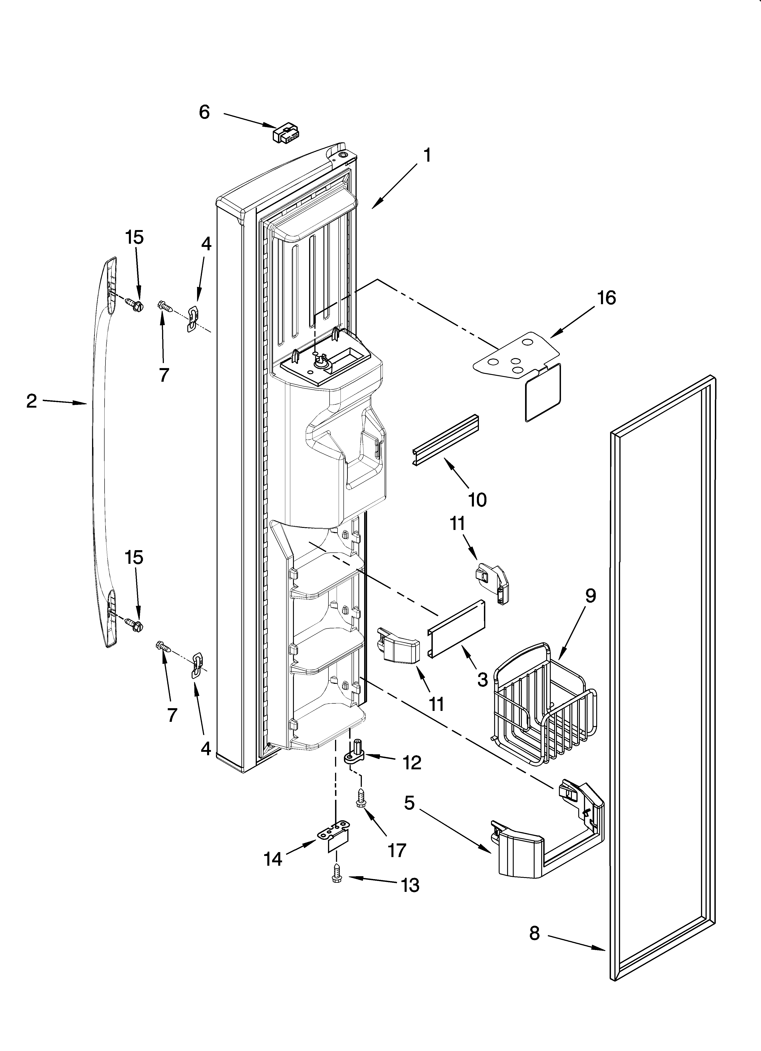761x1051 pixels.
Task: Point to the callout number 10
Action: point(477,499)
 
